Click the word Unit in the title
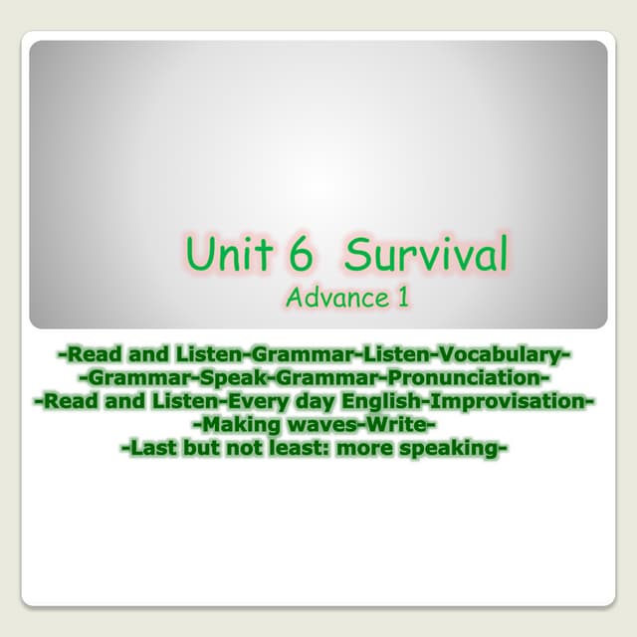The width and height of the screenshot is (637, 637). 228,255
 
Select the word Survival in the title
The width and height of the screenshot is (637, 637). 425,255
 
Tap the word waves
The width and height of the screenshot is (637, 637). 329,426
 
